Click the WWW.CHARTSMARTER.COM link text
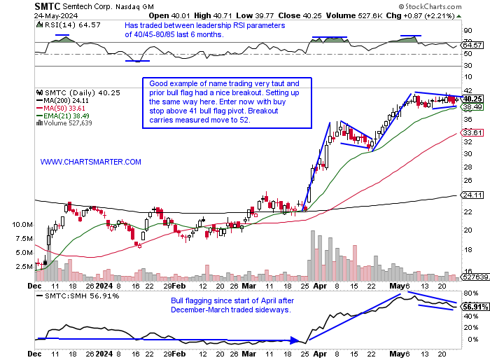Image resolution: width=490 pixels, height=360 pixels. [91, 162]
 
